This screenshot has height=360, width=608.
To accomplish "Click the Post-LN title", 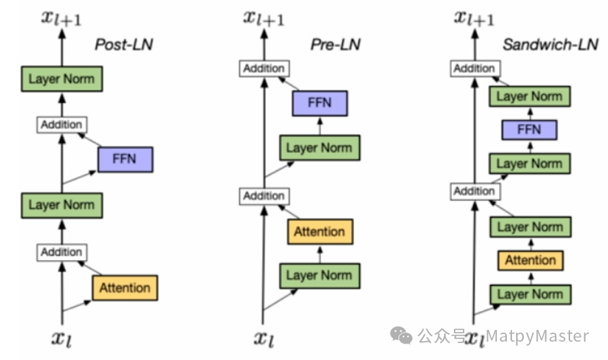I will click(124, 45).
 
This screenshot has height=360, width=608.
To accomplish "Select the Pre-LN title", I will click(335, 45).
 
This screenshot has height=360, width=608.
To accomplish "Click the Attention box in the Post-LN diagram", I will click(125, 287).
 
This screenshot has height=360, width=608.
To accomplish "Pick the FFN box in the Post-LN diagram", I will click(125, 159).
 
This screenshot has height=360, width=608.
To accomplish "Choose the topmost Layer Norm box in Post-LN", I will click(61, 79).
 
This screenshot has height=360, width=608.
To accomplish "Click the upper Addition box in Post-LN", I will click(61, 124).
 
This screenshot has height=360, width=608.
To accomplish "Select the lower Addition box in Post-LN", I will click(61, 252).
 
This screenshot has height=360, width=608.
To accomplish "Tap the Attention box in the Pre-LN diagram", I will click(319, 231).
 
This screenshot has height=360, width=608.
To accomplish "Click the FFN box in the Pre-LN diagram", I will click(319, 103).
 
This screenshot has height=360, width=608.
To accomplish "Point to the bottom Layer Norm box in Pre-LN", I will click(319, 275).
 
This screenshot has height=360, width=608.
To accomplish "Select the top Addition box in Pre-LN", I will click(264, 68).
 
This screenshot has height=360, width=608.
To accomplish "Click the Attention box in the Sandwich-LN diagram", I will click(530, 260).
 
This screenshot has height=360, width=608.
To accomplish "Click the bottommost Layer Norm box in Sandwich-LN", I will click(530, 294).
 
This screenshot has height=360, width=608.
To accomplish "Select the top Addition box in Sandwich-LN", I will click(474, 68).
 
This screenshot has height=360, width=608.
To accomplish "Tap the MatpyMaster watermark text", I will click(537, 336).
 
